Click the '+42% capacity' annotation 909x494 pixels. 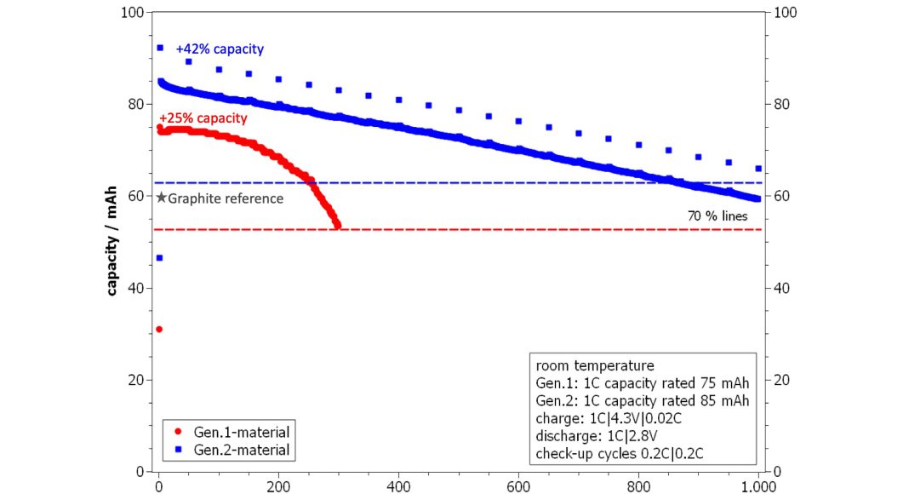point(220,49)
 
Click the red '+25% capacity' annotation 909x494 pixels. point(203,118)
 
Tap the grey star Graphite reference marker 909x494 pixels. point(161,198)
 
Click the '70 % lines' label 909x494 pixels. point(717,216)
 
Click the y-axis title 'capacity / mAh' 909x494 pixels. point(111,240)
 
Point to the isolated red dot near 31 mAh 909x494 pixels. point(159,329)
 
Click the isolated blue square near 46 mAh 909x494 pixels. point(159,258)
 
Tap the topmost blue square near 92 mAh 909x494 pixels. point(159,48)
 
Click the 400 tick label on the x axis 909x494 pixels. point(398,486)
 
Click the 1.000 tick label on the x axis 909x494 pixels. point(757,486)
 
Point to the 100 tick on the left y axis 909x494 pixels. point(132,13)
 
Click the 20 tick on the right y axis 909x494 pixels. point(780,380)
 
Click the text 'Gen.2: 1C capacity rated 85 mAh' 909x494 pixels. point(643,400)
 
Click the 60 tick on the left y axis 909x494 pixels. point(136,196)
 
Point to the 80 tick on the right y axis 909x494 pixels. point(780,105)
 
